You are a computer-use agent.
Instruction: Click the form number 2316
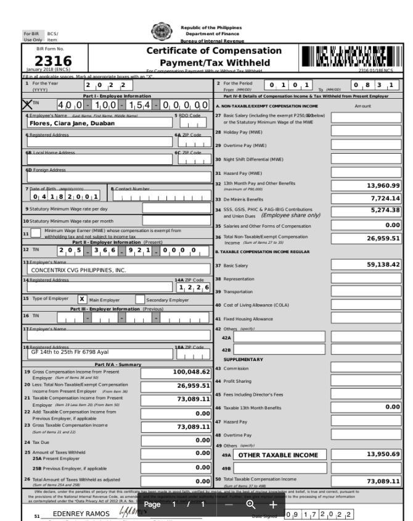coord(45,60)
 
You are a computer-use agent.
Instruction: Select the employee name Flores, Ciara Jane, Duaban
coord(72,123)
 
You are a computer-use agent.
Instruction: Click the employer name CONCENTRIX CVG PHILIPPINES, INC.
coord(78,270)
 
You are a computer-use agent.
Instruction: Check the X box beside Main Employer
coord(81,299)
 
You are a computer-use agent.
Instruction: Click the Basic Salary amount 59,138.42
coord(383,265)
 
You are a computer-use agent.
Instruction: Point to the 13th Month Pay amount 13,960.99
coord(383,185)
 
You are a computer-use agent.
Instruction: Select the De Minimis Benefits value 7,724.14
coord(385,198)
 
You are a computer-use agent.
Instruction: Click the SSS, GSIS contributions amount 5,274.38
coord(385,210)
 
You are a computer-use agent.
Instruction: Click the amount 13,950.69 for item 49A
coord(383,454)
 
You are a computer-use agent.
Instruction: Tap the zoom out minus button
coord(229,504)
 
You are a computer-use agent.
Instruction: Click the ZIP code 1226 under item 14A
coord(194,288)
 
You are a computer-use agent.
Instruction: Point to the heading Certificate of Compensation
coord(214,51)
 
